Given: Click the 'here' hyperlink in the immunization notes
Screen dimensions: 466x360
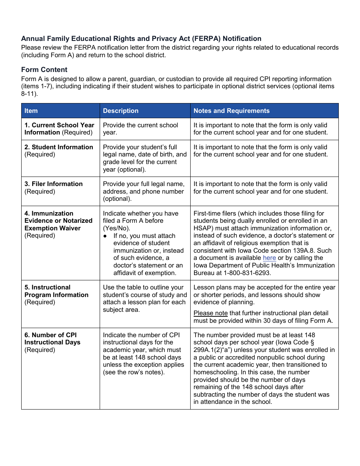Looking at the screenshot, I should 269,258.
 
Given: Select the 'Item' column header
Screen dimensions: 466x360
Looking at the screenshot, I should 31,111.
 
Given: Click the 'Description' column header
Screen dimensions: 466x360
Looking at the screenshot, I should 121,111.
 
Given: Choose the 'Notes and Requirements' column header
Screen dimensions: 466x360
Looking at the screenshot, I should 232,111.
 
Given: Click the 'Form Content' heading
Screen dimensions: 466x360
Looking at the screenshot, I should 44,70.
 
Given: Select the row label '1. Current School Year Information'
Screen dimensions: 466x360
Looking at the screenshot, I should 59,129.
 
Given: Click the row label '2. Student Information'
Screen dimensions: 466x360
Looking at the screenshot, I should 59,147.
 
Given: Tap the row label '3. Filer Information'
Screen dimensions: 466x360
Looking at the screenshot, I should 53,184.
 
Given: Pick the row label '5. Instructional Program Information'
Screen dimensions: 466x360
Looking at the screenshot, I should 56,291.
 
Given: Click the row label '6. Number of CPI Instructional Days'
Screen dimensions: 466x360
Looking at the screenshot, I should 52,339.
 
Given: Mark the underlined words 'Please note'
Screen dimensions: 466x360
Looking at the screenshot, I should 211,313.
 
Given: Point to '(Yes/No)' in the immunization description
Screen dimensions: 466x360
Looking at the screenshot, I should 116,228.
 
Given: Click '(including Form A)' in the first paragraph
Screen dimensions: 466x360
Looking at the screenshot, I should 46,55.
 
